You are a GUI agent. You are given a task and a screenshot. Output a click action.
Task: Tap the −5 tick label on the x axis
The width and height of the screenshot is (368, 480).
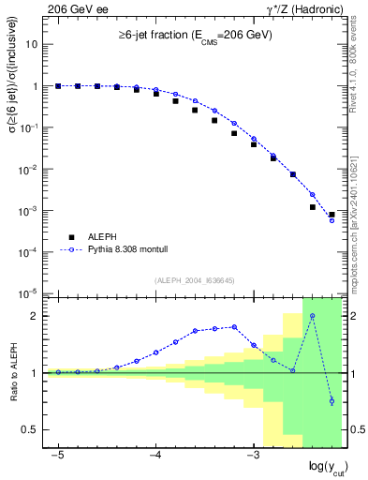[57, 455]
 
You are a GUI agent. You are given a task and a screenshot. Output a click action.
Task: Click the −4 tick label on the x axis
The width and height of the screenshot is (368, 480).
[155, 455]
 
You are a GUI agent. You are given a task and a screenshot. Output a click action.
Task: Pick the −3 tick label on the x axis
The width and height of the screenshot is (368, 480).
[252, 455]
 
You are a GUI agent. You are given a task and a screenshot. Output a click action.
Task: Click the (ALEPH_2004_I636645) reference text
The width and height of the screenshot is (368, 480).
[195, 280]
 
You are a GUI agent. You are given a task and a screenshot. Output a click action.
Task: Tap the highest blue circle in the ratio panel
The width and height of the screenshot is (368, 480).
[313, 316]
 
